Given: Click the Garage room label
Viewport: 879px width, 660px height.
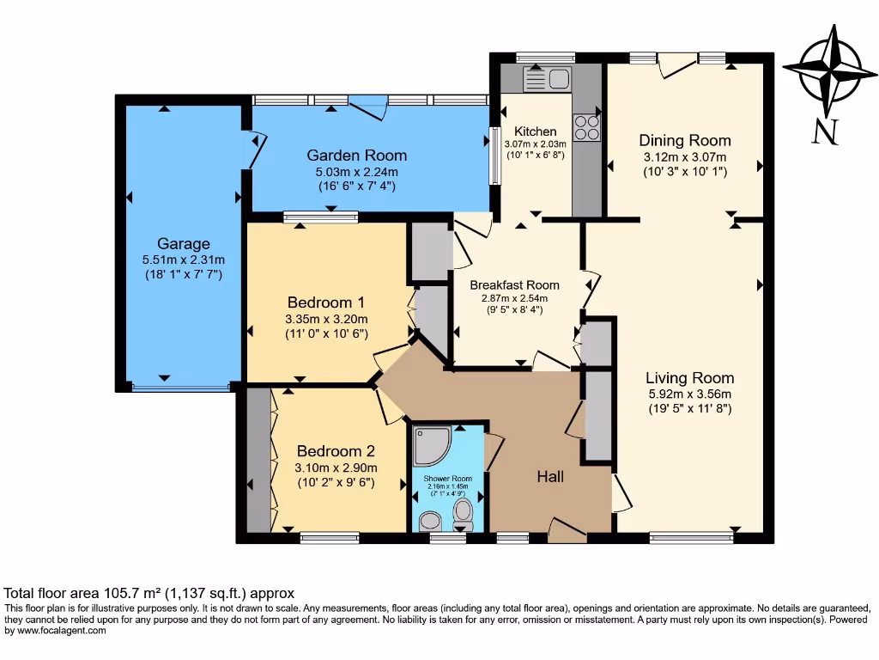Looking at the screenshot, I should [183, 244].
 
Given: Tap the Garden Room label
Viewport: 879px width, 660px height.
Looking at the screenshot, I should [357, 156].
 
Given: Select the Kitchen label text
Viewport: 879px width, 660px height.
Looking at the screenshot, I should [536, 131].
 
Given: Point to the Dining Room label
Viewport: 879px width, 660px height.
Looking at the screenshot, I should [685, 141].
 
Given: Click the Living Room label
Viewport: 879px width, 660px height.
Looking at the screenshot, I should [689, 378].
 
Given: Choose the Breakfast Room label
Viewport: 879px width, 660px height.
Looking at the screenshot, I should [515, 285].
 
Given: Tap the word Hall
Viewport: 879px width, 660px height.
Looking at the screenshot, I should [550, 476].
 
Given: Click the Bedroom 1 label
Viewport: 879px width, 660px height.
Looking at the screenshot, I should [326, 302].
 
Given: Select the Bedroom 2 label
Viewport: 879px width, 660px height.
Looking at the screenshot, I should [336, 451].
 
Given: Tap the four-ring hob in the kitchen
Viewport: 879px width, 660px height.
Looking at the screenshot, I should [587, 128].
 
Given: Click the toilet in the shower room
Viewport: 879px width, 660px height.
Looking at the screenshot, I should [464, 516].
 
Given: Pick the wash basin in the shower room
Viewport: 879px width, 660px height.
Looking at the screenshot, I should [431, 520].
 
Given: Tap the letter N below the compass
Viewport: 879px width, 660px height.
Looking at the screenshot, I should [825, 131].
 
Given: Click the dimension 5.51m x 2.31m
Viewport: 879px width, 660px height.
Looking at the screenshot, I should [183, 260].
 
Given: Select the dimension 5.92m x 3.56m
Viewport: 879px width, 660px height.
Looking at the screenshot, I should [689, 394].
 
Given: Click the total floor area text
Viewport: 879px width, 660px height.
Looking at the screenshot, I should [149, 593].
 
